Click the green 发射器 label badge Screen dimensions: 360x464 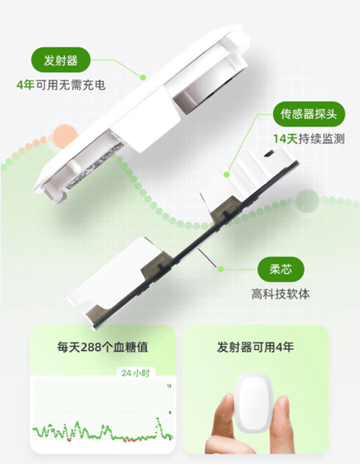(x=61, y=60)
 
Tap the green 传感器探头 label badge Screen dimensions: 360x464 (x=309, y=114)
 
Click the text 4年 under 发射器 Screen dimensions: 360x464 (x=25, y=85)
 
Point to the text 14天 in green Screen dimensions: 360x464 (x=285, y=139)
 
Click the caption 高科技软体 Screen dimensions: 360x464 (x=280, y=294)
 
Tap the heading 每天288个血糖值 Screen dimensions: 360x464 (x=103, y=347)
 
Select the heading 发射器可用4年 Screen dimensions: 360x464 (x=255, y=347)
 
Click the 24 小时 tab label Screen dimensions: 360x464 (x=135, y=373)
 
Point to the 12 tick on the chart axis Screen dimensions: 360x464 (x=169, y=386)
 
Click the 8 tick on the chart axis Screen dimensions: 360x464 (x=170, y=412)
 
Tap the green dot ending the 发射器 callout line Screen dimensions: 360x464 (x=143, y=78)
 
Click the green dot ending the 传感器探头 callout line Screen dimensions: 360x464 (x=227, y=175)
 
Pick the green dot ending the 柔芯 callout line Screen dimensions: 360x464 (x=221, y=269)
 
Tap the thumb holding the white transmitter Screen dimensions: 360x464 (x=222, y=426)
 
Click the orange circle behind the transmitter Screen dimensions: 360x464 (x=66, y=137)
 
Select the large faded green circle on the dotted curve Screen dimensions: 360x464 (x=307, y=201)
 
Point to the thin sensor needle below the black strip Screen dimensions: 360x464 (x=207, y=258)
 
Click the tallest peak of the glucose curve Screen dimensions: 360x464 (x=157, y=418)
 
